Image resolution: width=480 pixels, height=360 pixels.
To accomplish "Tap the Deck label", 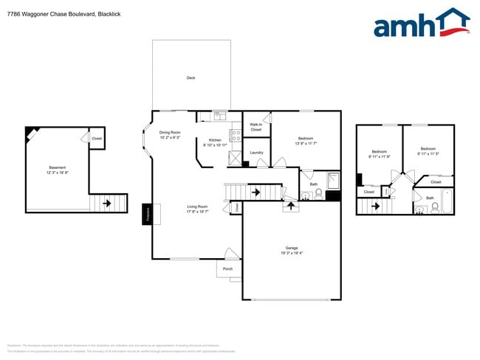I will coord(191,77).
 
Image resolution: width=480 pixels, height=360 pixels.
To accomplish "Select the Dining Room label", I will coord(170,135).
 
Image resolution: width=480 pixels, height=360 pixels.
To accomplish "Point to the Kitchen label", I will coord(215,142).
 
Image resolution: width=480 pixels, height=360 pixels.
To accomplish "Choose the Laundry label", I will coord(256,153).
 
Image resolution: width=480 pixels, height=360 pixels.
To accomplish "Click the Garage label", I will coord(292,249).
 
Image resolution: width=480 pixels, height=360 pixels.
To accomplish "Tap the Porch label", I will coord(228,269).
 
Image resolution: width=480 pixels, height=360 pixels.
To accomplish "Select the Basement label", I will coord(57,170).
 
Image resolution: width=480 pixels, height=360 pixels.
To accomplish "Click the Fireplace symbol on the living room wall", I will coord(146,213).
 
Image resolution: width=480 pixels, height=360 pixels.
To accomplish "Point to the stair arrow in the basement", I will coord(106,204).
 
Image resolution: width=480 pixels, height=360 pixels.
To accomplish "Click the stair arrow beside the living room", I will coord(256,193).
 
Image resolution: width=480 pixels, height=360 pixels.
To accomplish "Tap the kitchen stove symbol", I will coord(236,136).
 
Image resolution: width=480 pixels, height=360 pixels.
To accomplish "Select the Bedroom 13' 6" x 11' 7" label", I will coord(306,141).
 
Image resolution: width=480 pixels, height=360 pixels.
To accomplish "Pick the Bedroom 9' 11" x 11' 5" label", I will coord(428,151).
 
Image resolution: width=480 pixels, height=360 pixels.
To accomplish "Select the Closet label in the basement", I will coord(97,139).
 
